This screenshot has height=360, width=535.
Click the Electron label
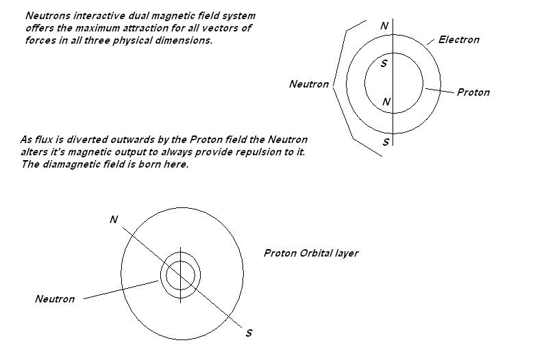point(458,40)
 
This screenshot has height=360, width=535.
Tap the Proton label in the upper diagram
point(473,92)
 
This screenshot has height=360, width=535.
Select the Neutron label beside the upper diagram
point(309,84)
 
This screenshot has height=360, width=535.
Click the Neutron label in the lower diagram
point(55,298)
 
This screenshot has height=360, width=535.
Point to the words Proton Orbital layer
point(311,253)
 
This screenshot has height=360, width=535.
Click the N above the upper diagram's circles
point(384,26)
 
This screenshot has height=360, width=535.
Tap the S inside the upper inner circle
point(384,64)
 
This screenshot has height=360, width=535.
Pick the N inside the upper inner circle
point(386,101)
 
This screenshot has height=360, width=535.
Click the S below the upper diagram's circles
point(386,142)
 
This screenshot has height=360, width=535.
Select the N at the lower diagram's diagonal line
point(114,220)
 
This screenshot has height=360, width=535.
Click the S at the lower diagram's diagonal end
point(249,333)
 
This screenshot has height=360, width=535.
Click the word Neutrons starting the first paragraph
point(48,16)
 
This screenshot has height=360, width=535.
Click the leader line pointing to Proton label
point(440,90)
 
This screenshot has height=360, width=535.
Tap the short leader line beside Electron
point(431,42)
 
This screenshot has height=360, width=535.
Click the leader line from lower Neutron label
point(121,290)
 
